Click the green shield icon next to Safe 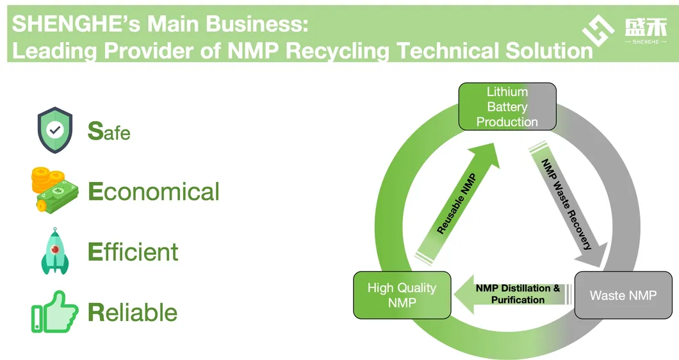point(55,130)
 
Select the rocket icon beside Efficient point(55,251)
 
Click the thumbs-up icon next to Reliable point(54,312)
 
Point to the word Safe point(109,131)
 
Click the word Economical point(154,192)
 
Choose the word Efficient point(133,252)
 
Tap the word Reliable point(133,313)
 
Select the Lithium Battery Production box point(507,106)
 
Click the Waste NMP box point(623,295)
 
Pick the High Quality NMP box point(402,295)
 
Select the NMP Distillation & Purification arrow point(512,294)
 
